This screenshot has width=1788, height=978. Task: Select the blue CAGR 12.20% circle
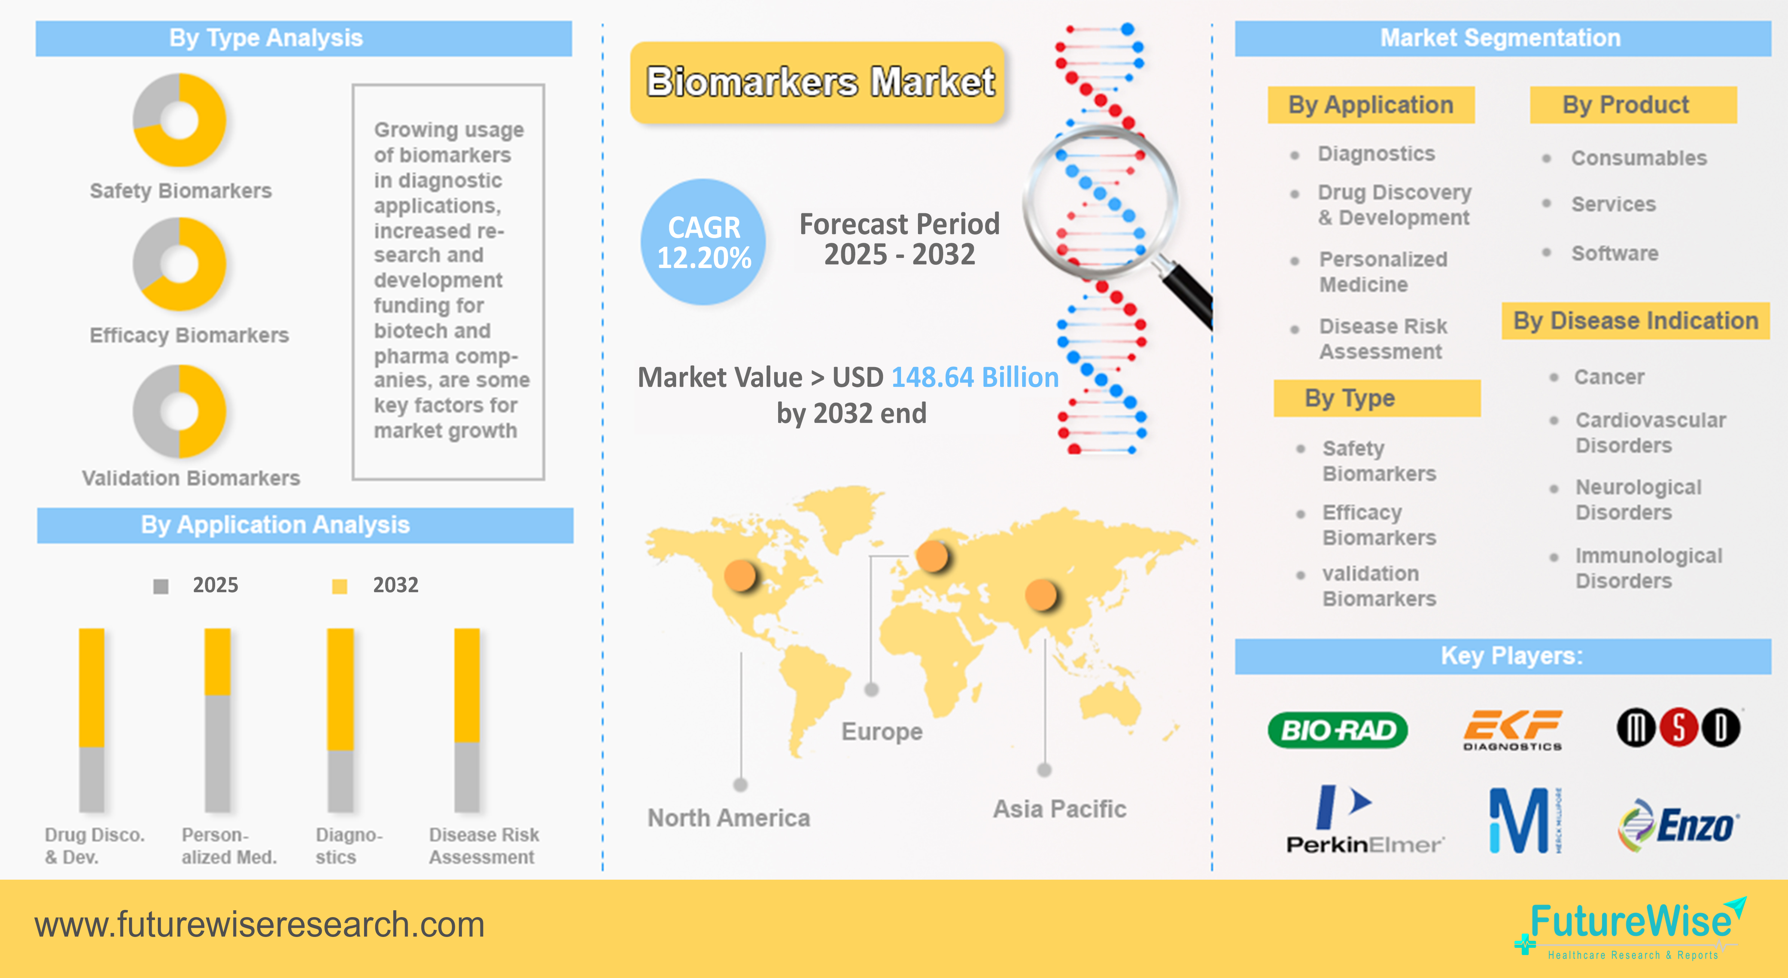[703, 242]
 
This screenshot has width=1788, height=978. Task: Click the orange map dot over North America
[740, 575]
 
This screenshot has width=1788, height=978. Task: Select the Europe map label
[882, 731]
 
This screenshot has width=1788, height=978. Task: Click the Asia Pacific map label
[1059, 809]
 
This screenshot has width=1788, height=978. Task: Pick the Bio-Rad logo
[1337, 730]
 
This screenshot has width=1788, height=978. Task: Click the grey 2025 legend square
[161, 586]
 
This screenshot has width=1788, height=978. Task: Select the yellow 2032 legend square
[340, 586]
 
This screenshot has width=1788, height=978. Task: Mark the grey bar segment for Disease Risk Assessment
[466, 777]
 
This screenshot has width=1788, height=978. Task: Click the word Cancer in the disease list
[1609, 377]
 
